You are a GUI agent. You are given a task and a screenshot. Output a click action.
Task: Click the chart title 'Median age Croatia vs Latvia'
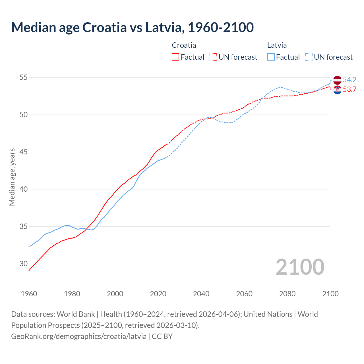pyautogui.click(x=132, y=27)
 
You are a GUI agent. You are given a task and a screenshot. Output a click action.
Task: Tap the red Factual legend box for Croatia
pyautogui.click(x=175, y=57)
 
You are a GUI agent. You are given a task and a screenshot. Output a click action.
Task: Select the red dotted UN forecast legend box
pyautogui.click(x=213, y=57)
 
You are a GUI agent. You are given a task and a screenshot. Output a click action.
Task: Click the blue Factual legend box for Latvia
pyautogui.click(x=271, y=57)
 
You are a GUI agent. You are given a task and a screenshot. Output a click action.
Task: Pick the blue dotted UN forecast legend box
pyautogui.click(x=309, y=57)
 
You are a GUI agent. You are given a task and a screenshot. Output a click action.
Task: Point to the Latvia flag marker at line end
pyautogui.click(x=337, y=80)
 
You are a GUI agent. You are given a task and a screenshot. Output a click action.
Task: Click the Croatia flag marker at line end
pyautogui.click(x=337, y=90)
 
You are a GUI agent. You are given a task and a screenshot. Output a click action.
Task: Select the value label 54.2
pyautogui.click(x=349, y=80)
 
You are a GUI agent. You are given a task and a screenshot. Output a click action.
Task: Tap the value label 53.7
pyautogui.click(x=349, y=90)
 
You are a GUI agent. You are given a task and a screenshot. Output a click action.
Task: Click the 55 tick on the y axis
pyautogui.click(x=24, y=77)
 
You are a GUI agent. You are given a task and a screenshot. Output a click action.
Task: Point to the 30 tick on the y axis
pyautogui.click(x=24, y=264)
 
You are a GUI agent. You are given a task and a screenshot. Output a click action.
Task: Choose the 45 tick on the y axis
pyautogui.click(x=24, y=152)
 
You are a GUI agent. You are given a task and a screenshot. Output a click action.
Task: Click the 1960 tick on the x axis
pyautogui.click(x=29, y=294)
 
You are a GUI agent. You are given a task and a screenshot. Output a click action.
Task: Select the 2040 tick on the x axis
pyautogui.click(x=201, y=294)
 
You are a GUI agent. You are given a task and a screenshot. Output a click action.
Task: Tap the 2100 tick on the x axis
pyautogui.click(x=330, y=294)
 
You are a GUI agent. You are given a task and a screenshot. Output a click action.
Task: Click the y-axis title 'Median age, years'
pyautogui.click(x=12, y=177)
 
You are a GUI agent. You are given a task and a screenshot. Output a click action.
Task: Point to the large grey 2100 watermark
pyautogui.click(x=300, y=267)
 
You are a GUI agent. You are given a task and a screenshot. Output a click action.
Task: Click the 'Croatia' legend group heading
pyautogui.click(x=184, y=45)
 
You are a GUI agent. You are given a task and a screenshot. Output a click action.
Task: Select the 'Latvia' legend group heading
pyautogui.click(x=277, y=45)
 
